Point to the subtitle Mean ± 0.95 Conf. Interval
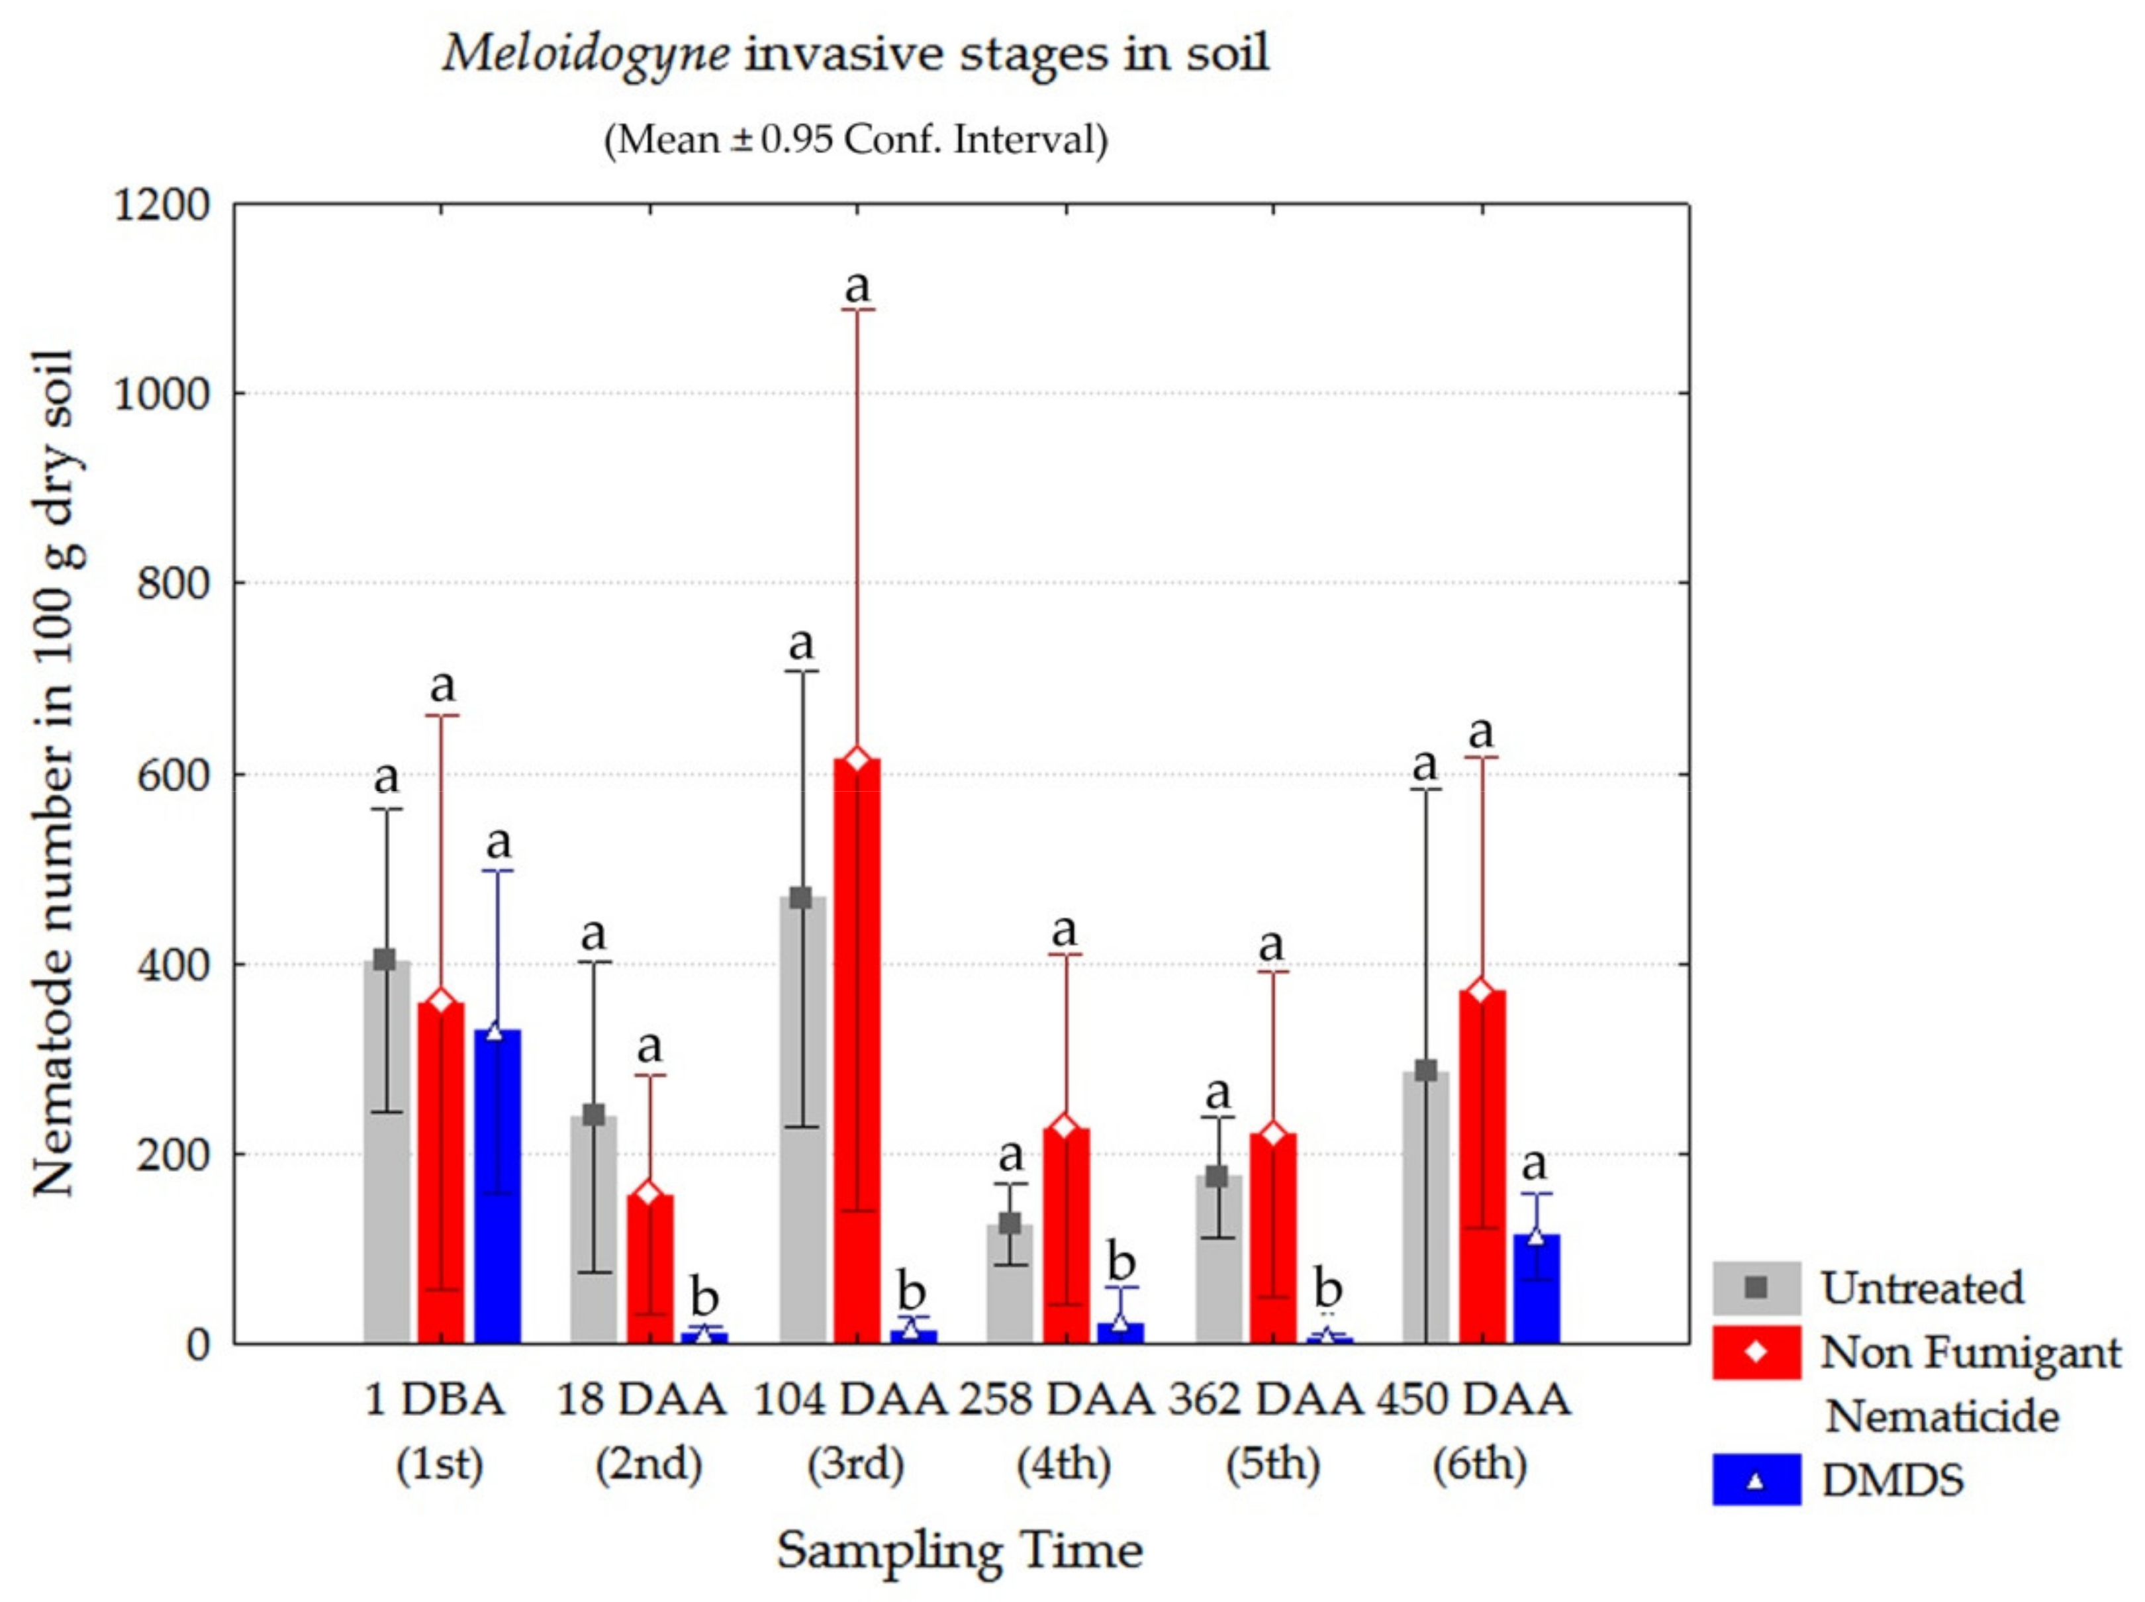click(855, 140)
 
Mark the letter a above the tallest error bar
click(857, 286)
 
